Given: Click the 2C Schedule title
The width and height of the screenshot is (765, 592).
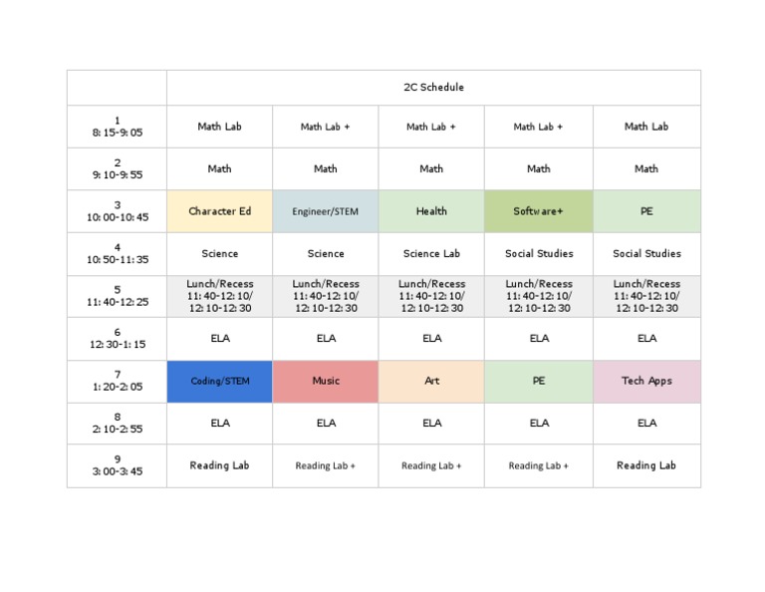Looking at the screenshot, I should tap(433, 88).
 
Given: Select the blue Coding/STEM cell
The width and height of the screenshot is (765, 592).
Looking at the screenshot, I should tap(219, 381).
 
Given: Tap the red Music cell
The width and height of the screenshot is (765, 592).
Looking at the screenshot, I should tap(326, 381).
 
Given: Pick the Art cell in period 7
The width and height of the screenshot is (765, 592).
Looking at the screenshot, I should tap(431, 381).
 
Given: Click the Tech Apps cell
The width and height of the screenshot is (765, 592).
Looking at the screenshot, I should tap(646, 381).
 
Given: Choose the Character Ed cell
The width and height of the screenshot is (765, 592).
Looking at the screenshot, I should tap(219, 211).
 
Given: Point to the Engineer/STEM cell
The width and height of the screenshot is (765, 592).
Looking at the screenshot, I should tap(326, 211).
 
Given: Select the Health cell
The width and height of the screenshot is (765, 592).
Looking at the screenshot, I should tap(431, 211).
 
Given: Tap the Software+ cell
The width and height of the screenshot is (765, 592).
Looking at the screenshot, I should tap(539, 211).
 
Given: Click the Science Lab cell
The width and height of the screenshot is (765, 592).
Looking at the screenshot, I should tap(431, 254).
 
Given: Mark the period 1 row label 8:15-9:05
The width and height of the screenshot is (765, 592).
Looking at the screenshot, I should tap(117, 127).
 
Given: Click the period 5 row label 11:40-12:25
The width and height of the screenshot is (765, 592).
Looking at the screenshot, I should tap(117, 296).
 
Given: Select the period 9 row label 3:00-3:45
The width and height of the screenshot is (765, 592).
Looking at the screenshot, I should tap(117, 465).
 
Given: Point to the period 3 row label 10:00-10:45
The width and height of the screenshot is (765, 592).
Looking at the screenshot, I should tap(117, 211).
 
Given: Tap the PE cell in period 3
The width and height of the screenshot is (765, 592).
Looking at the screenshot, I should tap(646, 211).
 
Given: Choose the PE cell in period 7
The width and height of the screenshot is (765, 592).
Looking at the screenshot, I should tap(539, 381).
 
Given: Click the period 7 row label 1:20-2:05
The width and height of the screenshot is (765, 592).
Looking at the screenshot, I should tap(117, 381).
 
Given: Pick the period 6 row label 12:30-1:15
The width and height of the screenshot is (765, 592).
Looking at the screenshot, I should tap(117, 339).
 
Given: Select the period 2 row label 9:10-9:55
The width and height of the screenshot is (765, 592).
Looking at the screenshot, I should tap(117, 169).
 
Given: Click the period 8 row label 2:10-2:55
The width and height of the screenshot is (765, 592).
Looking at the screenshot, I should tap(117, 424).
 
